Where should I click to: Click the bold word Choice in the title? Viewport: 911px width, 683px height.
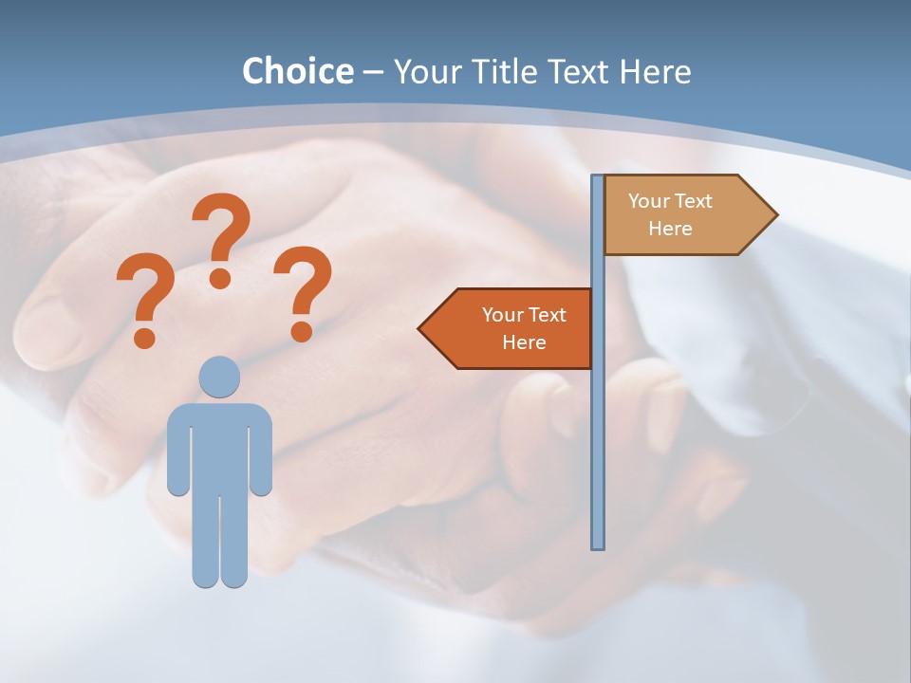pyautogui.click(x=297, y=71)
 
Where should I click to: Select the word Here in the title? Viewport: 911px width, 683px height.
pyautogui.click(x=655, y=71)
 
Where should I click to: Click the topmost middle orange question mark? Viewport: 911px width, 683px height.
pyautogui.click(x=221, y=237)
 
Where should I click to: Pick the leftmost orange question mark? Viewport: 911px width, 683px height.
pyautogui.click(x=145, y=299)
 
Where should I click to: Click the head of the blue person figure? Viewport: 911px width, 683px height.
pyautogui.click(x=219, y=377)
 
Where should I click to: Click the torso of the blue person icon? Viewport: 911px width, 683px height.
pyautogui.click(x=219, y=446)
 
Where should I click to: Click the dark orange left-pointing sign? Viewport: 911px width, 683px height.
pyautogui.click(x=512, y=328)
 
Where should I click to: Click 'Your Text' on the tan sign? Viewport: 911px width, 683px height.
pyautogui.click(x=670, y=201)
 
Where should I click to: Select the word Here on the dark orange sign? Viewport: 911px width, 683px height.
pyautogui.click(x=524, y=342)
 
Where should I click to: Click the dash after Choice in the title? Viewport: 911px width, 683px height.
pyautogui.click(x=373, y=73)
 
